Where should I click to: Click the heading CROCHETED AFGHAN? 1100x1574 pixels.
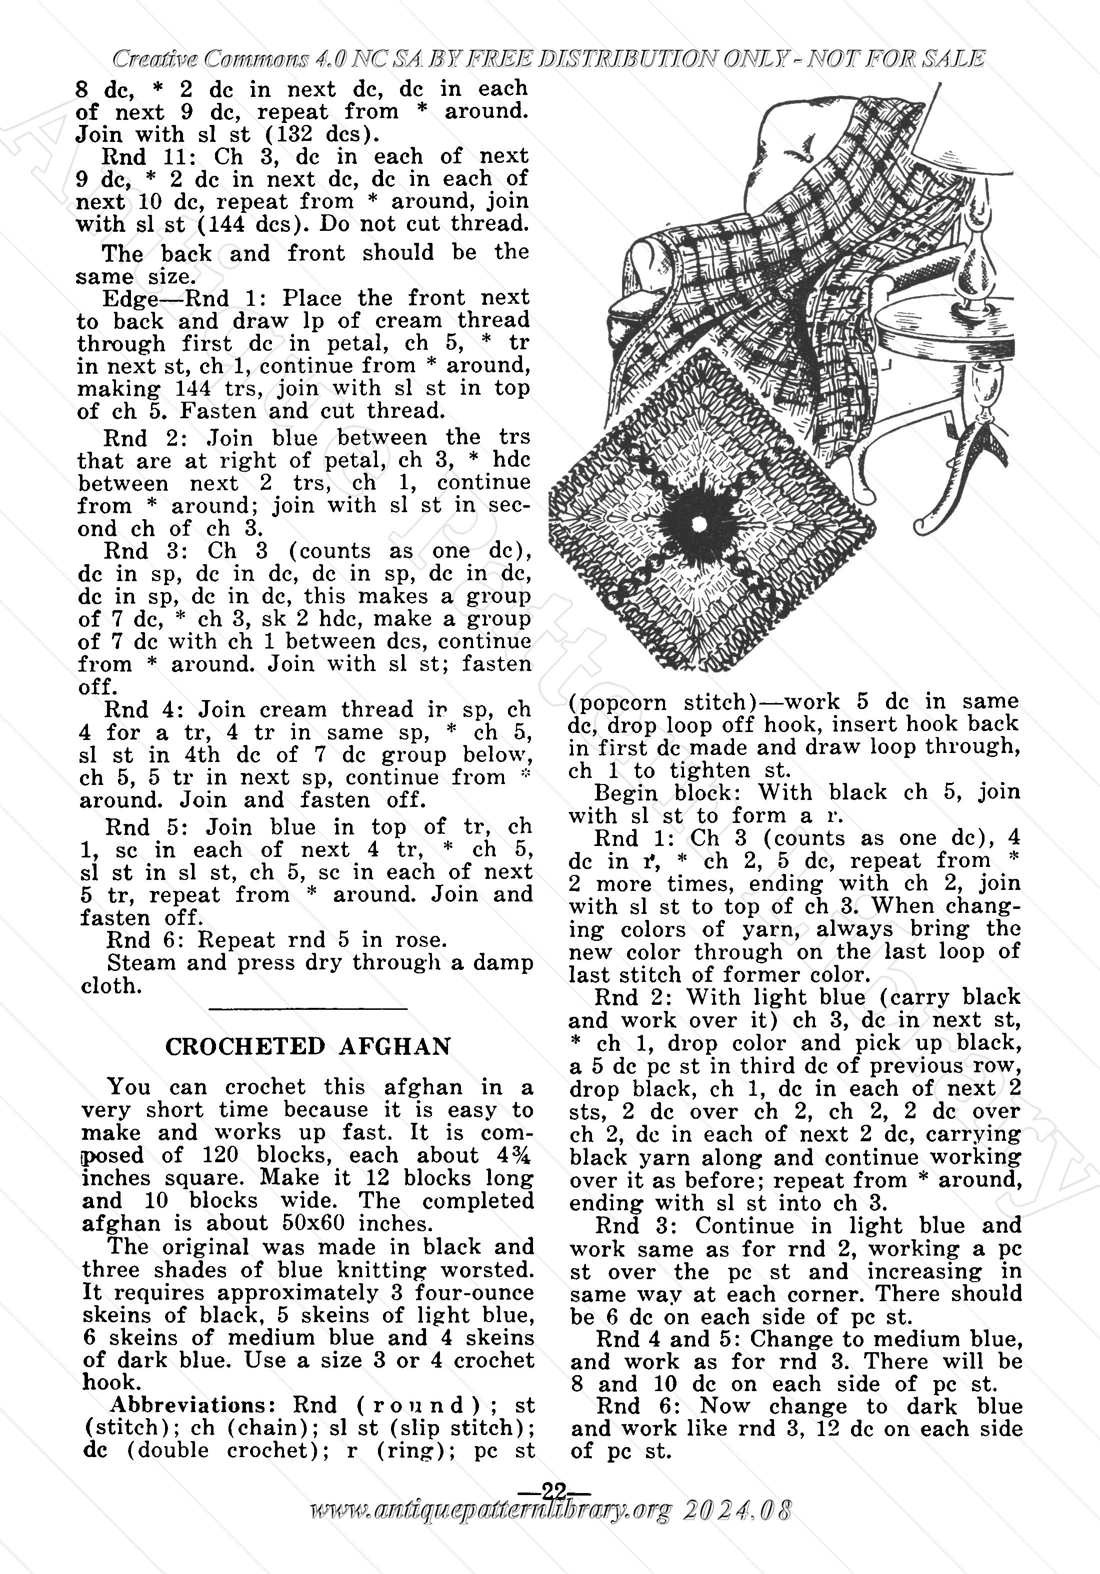click(308, 1047)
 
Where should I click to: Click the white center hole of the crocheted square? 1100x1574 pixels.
click(699, 525)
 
